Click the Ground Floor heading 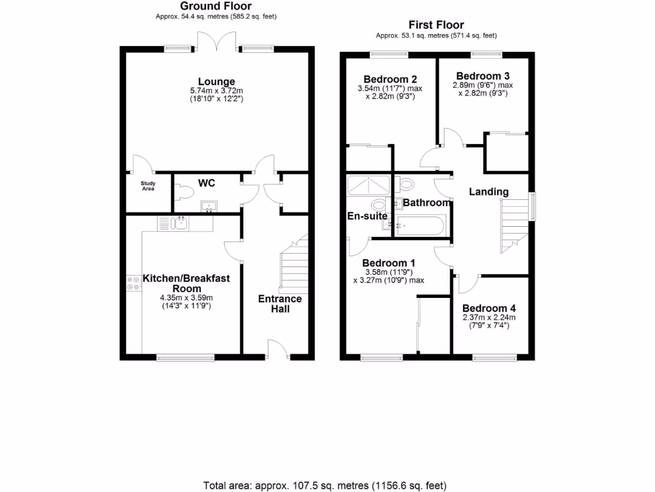(216, 6)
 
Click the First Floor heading (437, 25)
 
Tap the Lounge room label (216, 81)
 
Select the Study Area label (148, 186)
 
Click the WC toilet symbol (185, 192)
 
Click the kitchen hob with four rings (134, 283)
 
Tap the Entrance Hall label (280, 304)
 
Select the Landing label (489, 192)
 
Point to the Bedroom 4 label (489, 307)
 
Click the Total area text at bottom (324, 485)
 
